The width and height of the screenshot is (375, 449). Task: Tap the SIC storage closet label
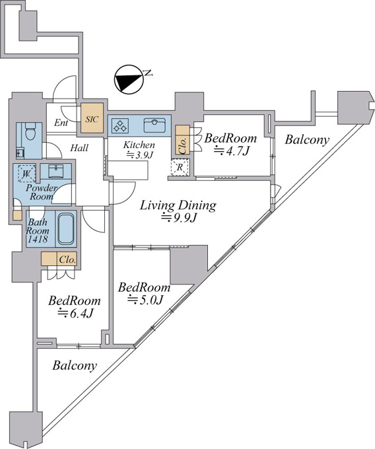tap(92, 119)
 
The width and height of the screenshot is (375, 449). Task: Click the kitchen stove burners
tap(120, 125)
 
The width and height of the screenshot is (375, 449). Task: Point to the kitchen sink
tap(154, 125)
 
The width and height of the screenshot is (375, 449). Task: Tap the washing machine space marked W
tap(26, 174)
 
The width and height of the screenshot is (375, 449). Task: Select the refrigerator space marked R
tap(180, 167)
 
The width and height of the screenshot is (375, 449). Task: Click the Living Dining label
tap(178, 205)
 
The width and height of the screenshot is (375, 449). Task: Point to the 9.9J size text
tap(179, 218)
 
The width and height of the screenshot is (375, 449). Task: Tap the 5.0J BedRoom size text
tap(145, 300)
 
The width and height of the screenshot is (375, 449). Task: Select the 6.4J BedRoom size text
tap(75, 313)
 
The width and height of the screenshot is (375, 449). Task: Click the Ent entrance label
tap(61, 123)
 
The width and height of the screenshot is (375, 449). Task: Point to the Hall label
tap(79, 148)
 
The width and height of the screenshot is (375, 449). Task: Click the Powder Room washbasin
tap(56, 171)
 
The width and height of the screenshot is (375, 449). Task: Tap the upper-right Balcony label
tap(307, 140)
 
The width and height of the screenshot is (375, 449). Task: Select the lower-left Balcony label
tap(75, 365)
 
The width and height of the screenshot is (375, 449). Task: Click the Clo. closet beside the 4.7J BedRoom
tap(183, 140)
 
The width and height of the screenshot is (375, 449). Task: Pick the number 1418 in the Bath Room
tap(37, 239)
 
